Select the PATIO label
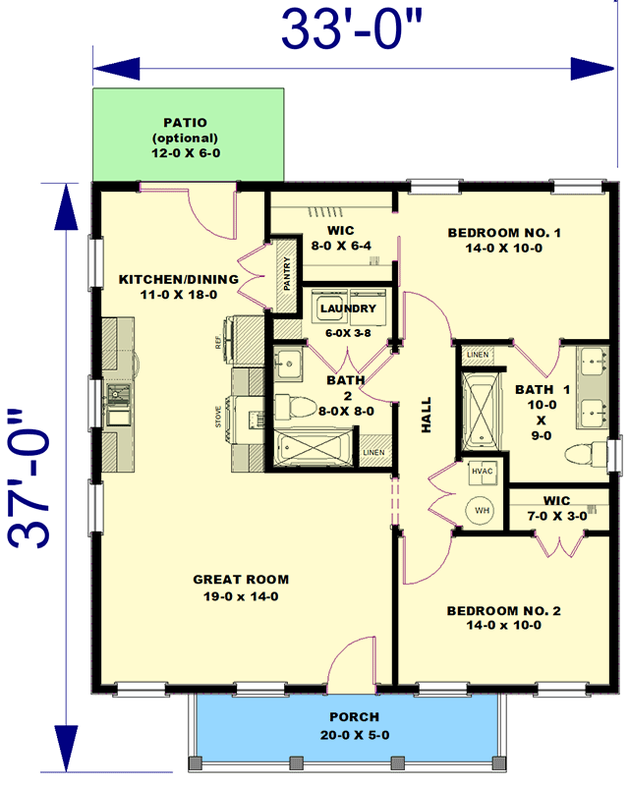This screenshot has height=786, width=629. (187, 123)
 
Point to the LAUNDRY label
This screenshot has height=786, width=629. (342, 309)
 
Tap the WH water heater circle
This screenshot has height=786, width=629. (484, 511)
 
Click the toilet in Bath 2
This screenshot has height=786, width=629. (294, 405)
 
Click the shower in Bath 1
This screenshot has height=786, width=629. (481, 408)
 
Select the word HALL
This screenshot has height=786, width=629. (427, 415)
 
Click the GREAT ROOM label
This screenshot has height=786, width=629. (242, 580)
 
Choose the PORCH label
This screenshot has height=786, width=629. (355, 717)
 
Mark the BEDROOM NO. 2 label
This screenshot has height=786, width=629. (504, 611)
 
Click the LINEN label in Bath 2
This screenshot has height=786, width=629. (373, 453)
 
